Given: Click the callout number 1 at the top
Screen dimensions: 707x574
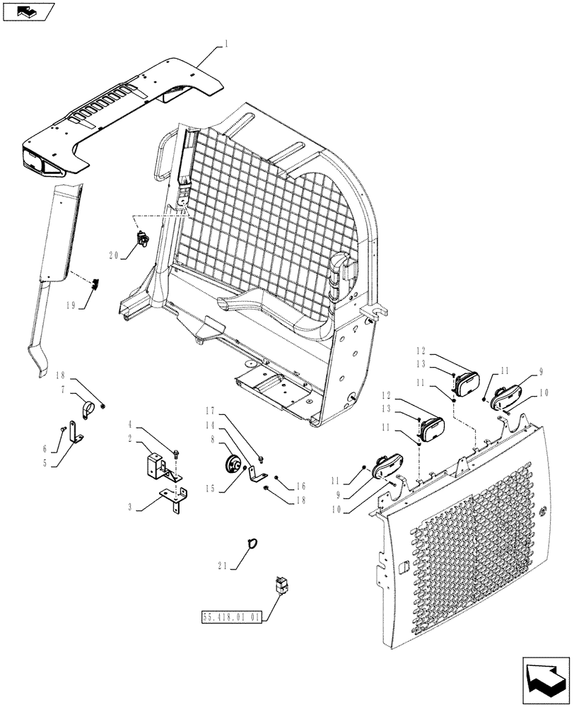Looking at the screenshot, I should [225, 43].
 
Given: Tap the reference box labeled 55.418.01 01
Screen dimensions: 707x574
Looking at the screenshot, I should [231, 617].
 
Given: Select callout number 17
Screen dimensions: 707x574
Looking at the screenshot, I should [209, 409].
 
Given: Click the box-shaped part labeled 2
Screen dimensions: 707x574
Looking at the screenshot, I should [157, 466].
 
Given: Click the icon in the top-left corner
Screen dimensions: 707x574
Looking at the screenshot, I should [26, 11].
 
